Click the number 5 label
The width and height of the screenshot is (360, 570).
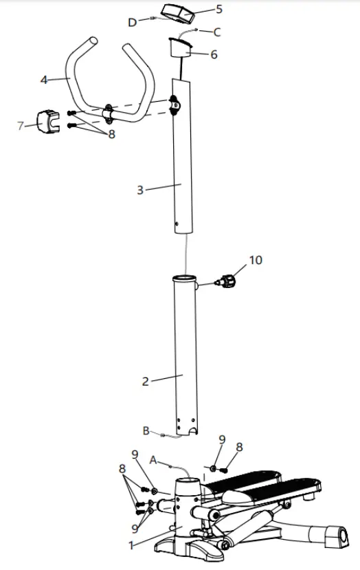click(219, 9)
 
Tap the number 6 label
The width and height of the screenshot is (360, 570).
click(214, 54)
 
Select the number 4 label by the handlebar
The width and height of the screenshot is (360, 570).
click(44, 80)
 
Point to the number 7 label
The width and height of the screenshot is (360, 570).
click(21, 125)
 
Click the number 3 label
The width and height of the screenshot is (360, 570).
click(140, 189)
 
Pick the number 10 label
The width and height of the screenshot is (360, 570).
click(256, 260)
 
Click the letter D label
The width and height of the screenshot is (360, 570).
click(133, 22)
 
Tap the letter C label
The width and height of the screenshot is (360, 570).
click(217, 32)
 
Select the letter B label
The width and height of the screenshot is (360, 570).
click(146, 431)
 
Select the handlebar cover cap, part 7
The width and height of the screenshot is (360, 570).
click(46, 122)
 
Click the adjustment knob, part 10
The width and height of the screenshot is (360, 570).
click(227, 281)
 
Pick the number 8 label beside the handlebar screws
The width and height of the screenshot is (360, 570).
click(111, 135)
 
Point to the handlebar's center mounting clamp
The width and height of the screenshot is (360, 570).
click(109, 111)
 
